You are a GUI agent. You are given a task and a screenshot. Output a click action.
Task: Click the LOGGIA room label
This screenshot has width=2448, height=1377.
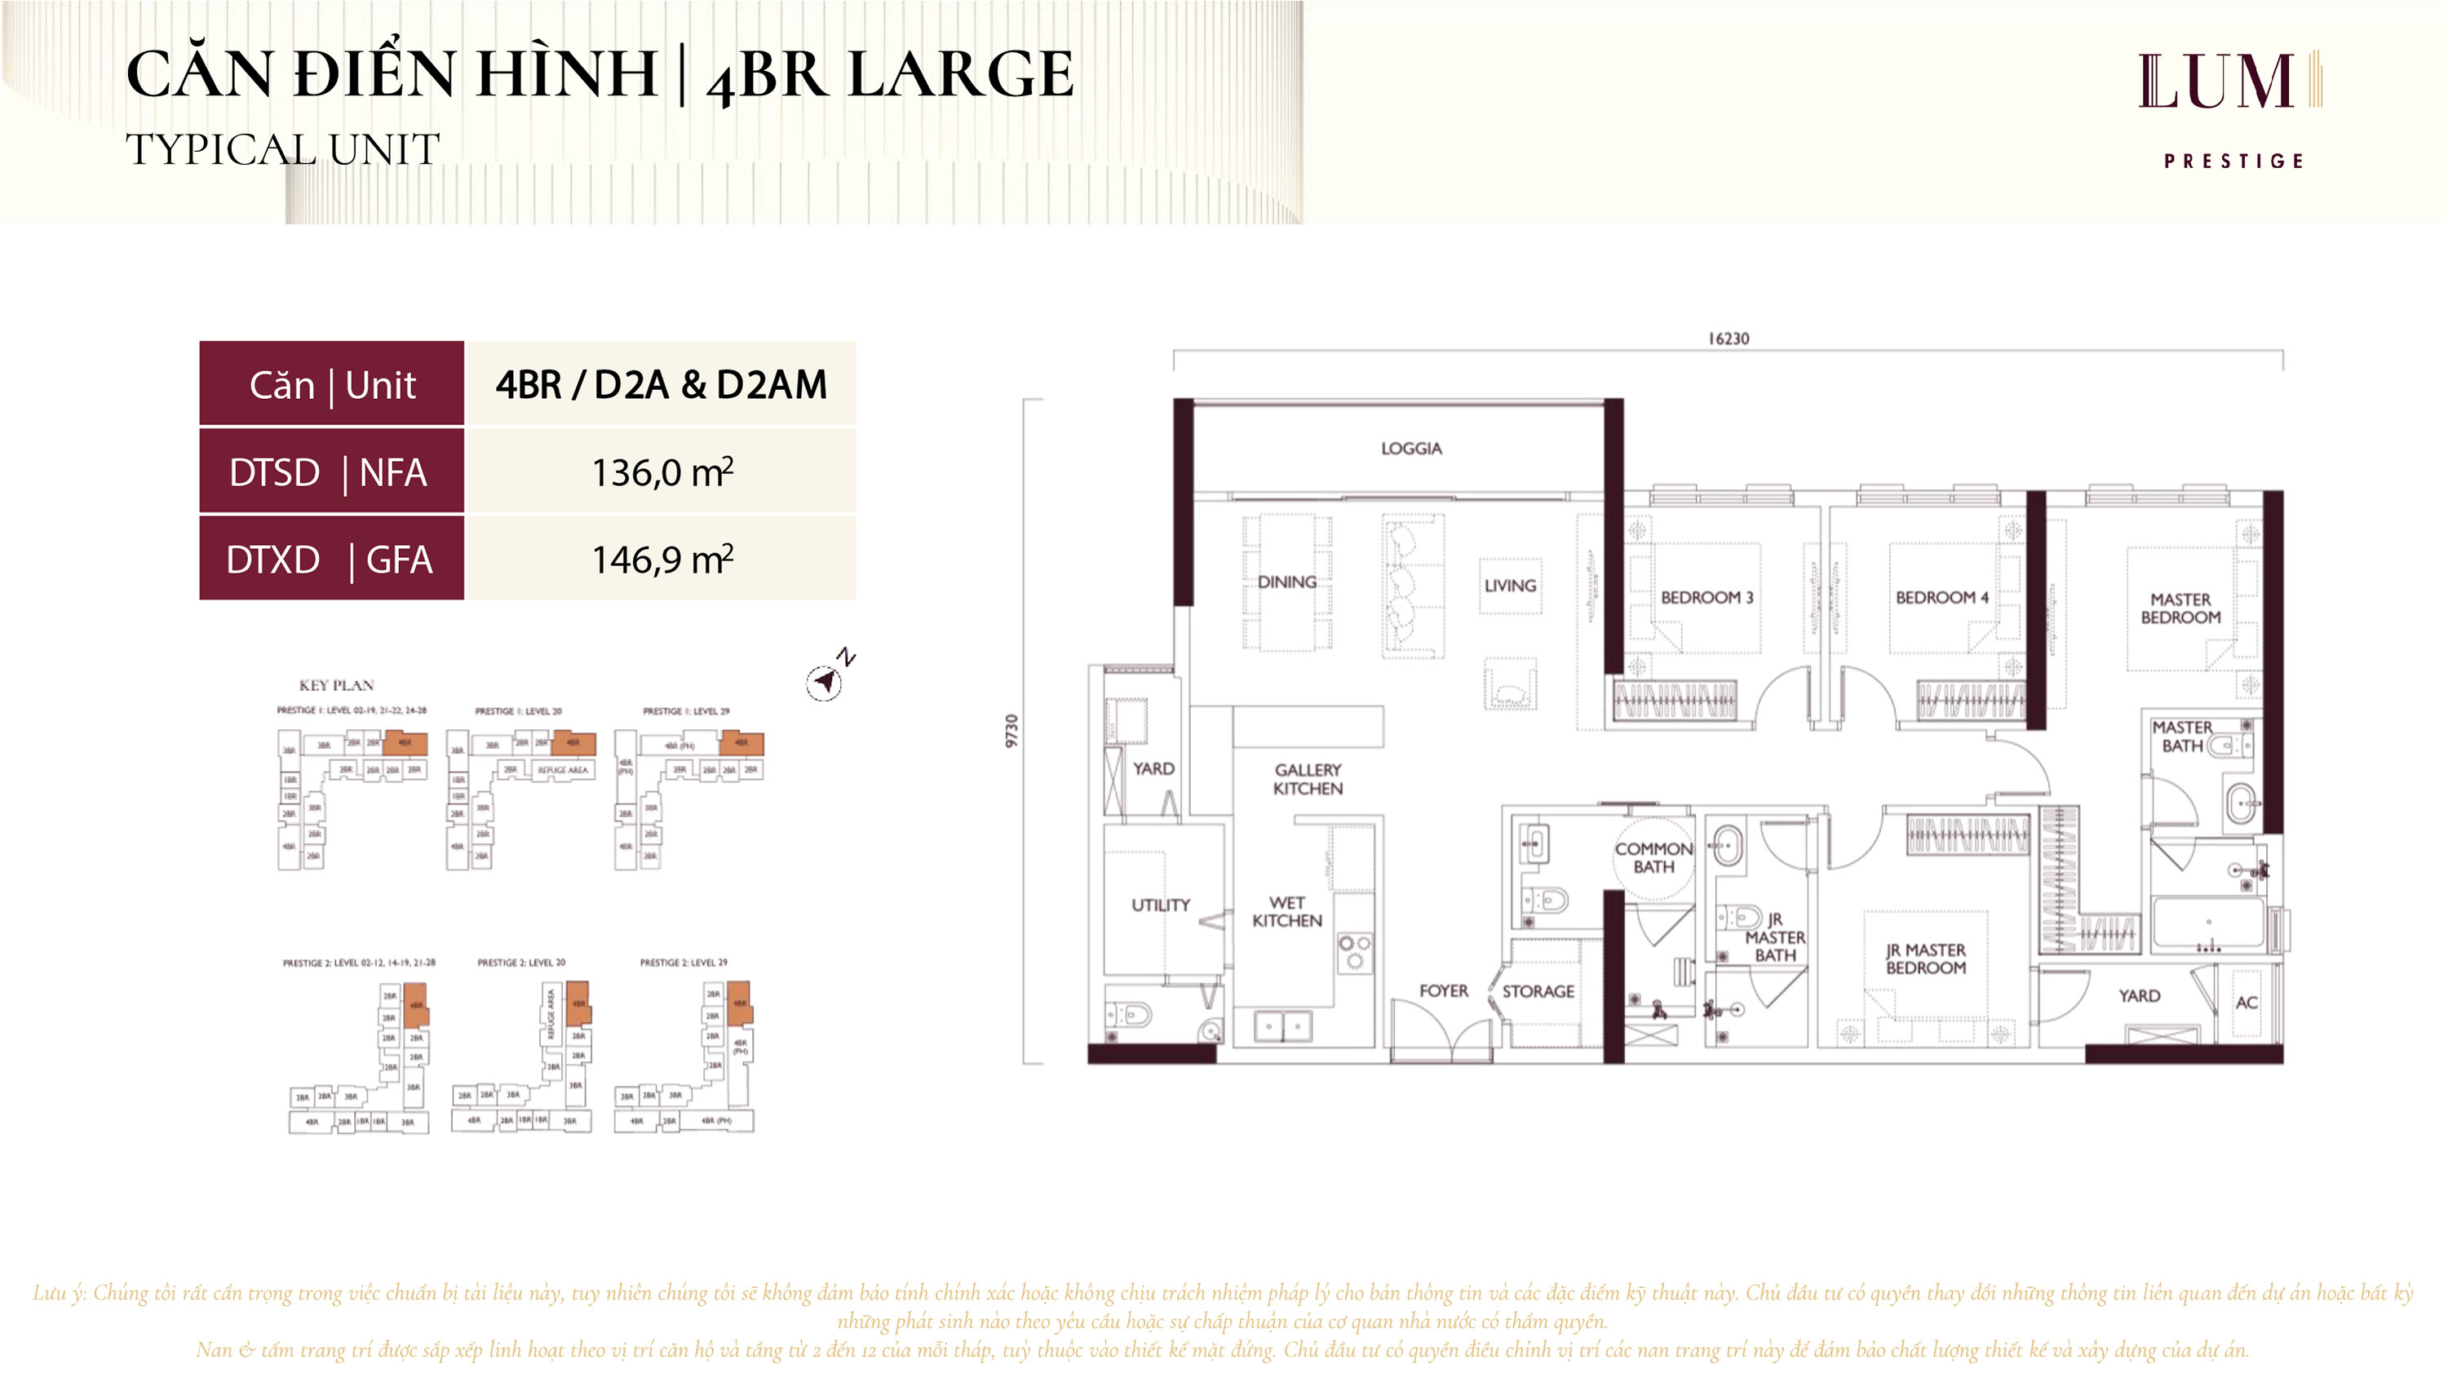(x=1410, y=449)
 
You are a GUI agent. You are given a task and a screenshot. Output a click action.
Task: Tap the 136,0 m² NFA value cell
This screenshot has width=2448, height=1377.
(x=662, y=472)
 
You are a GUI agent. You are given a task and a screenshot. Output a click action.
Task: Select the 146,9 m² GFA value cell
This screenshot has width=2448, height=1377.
(x=662, y=560)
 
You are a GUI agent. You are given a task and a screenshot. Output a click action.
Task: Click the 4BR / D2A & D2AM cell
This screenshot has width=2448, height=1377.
(x=661, y=385)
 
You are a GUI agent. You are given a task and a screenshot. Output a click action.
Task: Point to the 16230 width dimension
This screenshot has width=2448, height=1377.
(x=1728, y=339)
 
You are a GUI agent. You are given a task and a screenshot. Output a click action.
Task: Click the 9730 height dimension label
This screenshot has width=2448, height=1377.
(x=1012, y=730)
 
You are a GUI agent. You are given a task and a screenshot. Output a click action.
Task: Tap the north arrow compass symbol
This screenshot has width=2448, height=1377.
(x=824, y=680)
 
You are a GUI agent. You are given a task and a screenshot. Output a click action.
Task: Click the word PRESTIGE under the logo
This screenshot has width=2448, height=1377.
(x=2233, y=162)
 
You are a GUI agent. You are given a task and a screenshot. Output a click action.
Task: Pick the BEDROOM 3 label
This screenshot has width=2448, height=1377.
(x=1707, y=598)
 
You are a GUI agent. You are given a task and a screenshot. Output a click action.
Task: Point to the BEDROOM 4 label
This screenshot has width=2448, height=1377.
(x=1941, y=598)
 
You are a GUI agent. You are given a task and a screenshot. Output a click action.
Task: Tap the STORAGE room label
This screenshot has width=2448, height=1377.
(x=1538, y=991)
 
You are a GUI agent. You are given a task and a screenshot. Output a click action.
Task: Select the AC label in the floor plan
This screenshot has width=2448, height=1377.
(x=2247, y=1003)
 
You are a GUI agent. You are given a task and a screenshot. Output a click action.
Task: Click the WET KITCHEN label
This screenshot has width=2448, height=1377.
(x=1286, y=911)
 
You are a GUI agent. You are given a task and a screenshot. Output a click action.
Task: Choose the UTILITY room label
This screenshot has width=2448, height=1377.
(x=1160, y=905)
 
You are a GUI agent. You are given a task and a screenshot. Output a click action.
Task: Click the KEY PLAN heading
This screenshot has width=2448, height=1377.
(x=336, y=685)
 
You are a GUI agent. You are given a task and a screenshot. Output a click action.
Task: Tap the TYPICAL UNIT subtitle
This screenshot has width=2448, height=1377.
(x=282, y=149)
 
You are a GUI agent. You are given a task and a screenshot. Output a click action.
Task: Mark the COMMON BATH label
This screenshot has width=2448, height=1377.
(x=1653, y=857)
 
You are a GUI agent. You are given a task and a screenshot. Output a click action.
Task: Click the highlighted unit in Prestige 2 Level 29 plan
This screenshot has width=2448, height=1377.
(x=741, y=1003)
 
